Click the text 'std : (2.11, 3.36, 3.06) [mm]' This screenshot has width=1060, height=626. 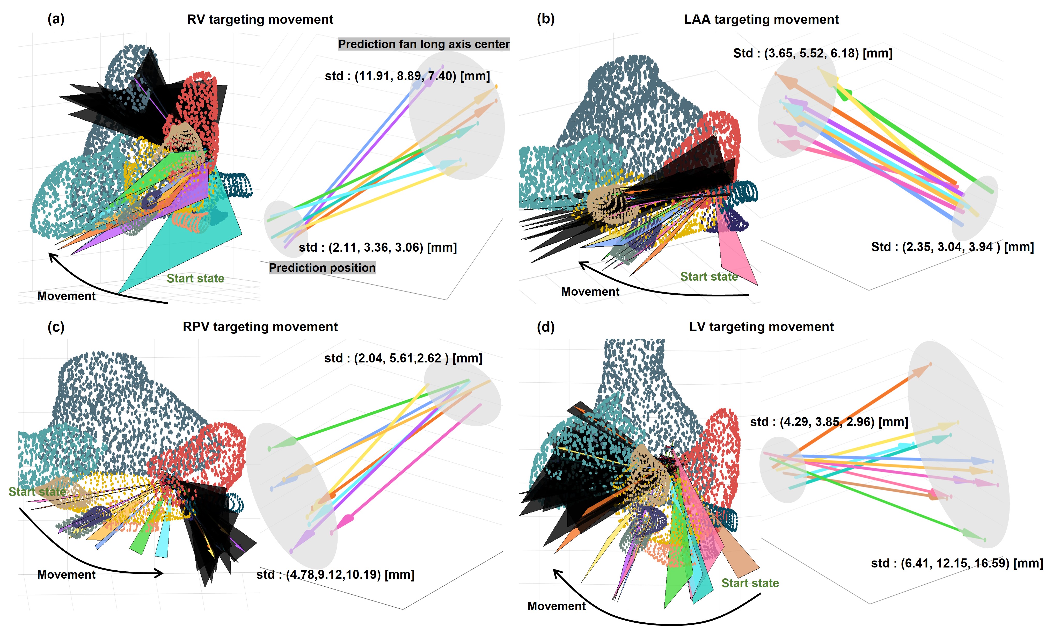pyautogui.click(x=378, y=247)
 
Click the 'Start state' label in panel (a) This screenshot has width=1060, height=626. pyautogui.click(x=195, y=278)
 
